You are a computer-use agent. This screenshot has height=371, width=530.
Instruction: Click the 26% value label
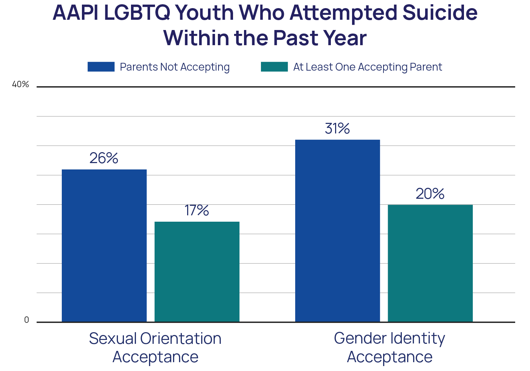[x=103, y=158]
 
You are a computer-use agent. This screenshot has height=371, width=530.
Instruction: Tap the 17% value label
[x=197, y=210]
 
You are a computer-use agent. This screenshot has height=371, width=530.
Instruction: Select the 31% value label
[x=337, y=128]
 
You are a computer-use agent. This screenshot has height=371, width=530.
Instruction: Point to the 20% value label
[x=430, y=193]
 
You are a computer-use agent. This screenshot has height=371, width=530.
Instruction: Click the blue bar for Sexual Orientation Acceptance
[x=104, y=245]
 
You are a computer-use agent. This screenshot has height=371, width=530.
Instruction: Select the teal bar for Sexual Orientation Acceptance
[x=197, y=271]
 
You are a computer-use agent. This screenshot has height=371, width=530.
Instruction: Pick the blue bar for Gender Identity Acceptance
[x=338, y=231]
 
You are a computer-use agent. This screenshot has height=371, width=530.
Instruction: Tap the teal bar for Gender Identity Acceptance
[x=430, y=263]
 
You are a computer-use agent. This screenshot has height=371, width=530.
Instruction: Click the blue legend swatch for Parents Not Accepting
[x=101, y=67]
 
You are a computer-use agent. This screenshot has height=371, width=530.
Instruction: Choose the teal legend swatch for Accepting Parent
[x=274, y=67]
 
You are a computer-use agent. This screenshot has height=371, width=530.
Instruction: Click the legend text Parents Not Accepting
[x=174, y=67]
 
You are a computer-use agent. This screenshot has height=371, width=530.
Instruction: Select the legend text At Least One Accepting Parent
[x=367, y=67]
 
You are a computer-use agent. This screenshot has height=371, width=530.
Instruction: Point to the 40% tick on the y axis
[x=20, y=84]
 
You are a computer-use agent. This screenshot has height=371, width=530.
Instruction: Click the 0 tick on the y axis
[x=26, y=320]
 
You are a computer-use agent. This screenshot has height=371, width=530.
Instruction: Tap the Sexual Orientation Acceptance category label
[x=155, y=347]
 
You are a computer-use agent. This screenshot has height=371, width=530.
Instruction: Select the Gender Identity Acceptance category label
[x=389, y=347]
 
